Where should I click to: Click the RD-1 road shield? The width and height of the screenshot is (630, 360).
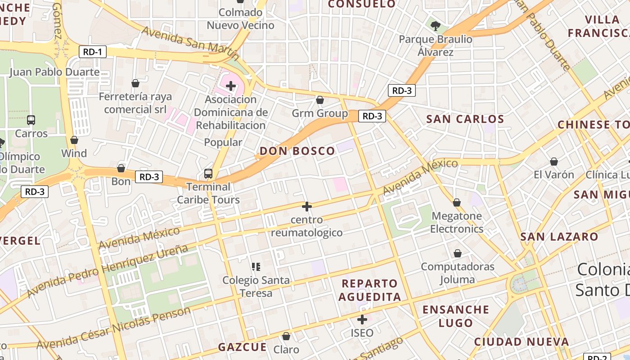[x=92, y=52]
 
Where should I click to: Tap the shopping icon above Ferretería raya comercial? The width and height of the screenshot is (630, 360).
[x=135, y=83]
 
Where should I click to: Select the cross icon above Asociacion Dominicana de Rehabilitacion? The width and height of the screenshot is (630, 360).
[x=231, y=85]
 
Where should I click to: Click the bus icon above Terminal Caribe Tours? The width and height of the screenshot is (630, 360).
[x=208, y=173]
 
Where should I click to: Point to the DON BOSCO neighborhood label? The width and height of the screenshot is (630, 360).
[x=297, y=151]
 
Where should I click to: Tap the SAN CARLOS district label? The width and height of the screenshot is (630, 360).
[x=465, y=119]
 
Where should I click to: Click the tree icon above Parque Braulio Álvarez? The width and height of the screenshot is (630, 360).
[x=435, y=26]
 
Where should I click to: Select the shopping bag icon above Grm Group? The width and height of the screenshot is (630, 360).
[x=320, y=100]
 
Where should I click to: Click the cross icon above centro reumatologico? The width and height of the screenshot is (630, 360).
[x=307, y=207]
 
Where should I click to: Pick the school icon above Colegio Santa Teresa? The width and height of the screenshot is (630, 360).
[x=256, y=267]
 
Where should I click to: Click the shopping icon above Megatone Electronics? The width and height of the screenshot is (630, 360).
[x=457, y=203]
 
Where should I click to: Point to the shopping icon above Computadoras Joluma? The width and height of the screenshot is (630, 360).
[x=458, y=254]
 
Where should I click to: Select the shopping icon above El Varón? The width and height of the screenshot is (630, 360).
[x=554, y=162]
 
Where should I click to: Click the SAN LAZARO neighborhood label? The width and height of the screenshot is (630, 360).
[x=559, y=237]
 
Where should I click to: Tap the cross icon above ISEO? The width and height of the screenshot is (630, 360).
[x=362, y=320]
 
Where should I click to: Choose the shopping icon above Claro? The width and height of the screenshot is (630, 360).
[x=286, y=336]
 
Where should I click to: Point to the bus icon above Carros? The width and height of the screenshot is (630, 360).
[x=31, y=120]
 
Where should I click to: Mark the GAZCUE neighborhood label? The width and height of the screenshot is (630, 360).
[x=243, y=347]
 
